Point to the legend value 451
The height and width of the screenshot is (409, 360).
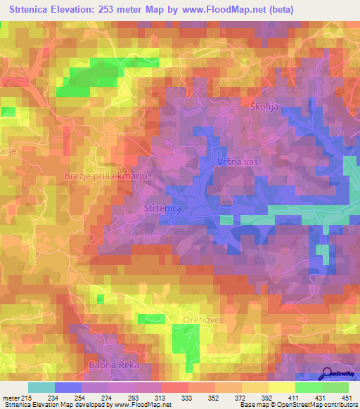click(x=347, y=398)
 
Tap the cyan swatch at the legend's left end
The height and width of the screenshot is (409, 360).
click(x=41, y=387)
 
